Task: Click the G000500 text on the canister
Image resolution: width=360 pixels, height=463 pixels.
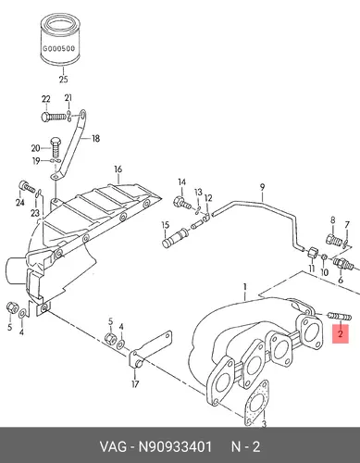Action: tap(58, 48)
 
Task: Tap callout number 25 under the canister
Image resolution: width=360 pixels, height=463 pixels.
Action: tap(63, 80)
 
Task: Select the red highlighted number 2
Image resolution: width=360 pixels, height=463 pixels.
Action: tap(341, 333)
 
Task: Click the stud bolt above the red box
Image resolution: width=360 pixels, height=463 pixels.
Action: tap(340, 317)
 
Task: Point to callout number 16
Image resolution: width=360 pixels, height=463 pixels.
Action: tap(118, 169)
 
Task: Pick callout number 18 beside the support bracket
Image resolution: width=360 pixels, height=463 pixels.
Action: tap(96, 138)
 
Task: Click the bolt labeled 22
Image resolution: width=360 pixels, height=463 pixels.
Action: tap(54, 117)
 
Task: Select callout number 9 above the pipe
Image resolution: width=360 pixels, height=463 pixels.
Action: tap(262, 187)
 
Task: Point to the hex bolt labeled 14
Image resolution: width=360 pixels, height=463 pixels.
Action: tap(182, 203)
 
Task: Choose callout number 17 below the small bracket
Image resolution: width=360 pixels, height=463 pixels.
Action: tap(135, 384)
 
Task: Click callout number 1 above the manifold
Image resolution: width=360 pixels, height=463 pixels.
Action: tap(245, 288)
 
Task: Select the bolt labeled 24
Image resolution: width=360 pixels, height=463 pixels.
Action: tap(27, 187)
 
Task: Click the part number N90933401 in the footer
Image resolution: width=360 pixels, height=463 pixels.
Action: tap(175, 446)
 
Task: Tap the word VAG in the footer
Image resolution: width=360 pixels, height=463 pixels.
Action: tap(113, 446)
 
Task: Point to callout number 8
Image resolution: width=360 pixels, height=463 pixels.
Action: tap(332, 220)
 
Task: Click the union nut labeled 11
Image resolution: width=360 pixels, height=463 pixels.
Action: tap(312, 253)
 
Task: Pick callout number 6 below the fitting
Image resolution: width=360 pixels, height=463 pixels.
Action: tap(341, 280)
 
